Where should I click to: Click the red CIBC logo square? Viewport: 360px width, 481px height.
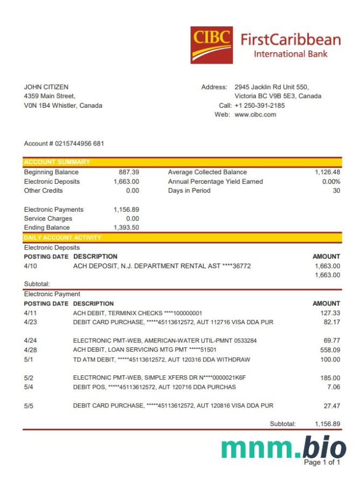click(x=211, y=45)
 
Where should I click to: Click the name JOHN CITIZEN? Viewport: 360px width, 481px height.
click(x=46, y=87)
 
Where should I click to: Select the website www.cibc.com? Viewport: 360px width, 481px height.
click(x=255, y=115)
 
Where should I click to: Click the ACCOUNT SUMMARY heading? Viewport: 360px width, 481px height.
click(x=57, y=162)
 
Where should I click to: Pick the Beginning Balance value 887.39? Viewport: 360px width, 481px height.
click(x=129, y=172)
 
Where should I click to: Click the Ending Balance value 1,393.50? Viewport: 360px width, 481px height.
click(x=126, y=228)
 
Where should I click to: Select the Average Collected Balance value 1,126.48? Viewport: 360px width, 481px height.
click(x=328, y=172)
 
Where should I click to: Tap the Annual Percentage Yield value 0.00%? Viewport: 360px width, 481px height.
click(x=331, y=182)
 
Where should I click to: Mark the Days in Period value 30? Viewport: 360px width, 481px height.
click(x=336, y=191)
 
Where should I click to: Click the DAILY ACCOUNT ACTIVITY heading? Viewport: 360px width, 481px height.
click(x=63, y=237)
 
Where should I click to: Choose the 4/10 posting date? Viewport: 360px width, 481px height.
click(x=31, y=266)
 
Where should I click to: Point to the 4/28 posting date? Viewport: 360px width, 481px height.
click(x=31, y=350)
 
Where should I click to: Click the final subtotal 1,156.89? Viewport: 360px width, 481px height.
click(x=328, y=424)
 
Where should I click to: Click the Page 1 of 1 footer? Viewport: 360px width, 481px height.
click(x=322, y=462)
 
